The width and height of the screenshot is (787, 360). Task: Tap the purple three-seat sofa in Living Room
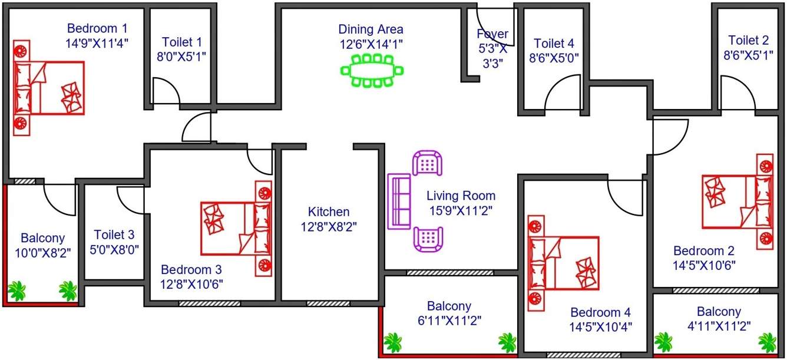(x=399, y=202)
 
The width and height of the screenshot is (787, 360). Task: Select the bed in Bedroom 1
(x=49, y=88)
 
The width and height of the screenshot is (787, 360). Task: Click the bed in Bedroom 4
(x=564, y=263)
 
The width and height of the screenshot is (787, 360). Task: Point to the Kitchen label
(x=329, y=212)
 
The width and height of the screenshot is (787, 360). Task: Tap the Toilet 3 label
(x=114, y=235)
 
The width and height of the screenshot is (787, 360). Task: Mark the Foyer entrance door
(x=497, y=27)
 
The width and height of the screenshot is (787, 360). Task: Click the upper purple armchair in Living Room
(x=428, y=163)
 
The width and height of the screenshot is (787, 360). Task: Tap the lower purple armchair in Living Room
(x=428, y=239)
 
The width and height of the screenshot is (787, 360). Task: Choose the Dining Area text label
(x=371, y=29)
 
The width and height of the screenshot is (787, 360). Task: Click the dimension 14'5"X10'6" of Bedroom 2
(x=704, y=265)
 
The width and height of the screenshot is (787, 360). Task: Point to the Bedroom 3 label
(x=191, y=270)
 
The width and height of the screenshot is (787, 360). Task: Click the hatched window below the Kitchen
(x=328, y=303)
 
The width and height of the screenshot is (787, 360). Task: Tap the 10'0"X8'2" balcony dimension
(x=42, y=252)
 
